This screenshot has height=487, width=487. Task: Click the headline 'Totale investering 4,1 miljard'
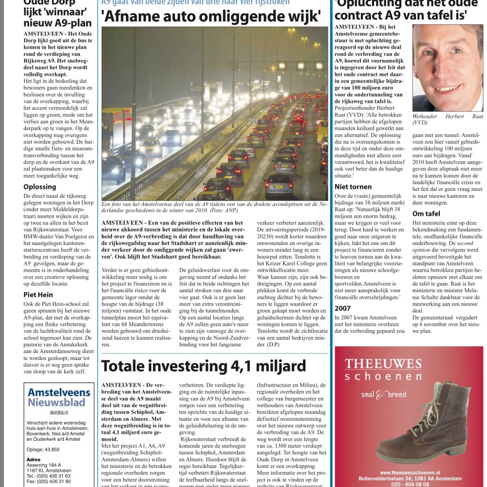tap(204, 366)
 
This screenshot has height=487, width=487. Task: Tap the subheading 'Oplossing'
tap(39, 187)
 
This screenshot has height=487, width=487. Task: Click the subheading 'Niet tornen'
tap(353, 187)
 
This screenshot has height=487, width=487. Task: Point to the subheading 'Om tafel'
tap(426, 213)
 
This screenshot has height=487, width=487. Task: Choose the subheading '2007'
tap(343, 308)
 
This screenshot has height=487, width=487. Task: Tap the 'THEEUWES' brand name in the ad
tap(376, 363)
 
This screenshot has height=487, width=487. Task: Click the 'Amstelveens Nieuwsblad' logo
tap(59, 397)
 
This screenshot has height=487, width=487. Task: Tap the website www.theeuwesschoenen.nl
tap(410, 472)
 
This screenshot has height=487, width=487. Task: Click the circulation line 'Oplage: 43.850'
tap(43, 450)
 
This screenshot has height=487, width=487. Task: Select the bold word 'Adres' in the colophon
tap(34, 459)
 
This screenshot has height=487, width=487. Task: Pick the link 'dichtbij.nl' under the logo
tap(58, 412)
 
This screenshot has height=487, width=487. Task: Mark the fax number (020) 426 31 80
tap(49, 481)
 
